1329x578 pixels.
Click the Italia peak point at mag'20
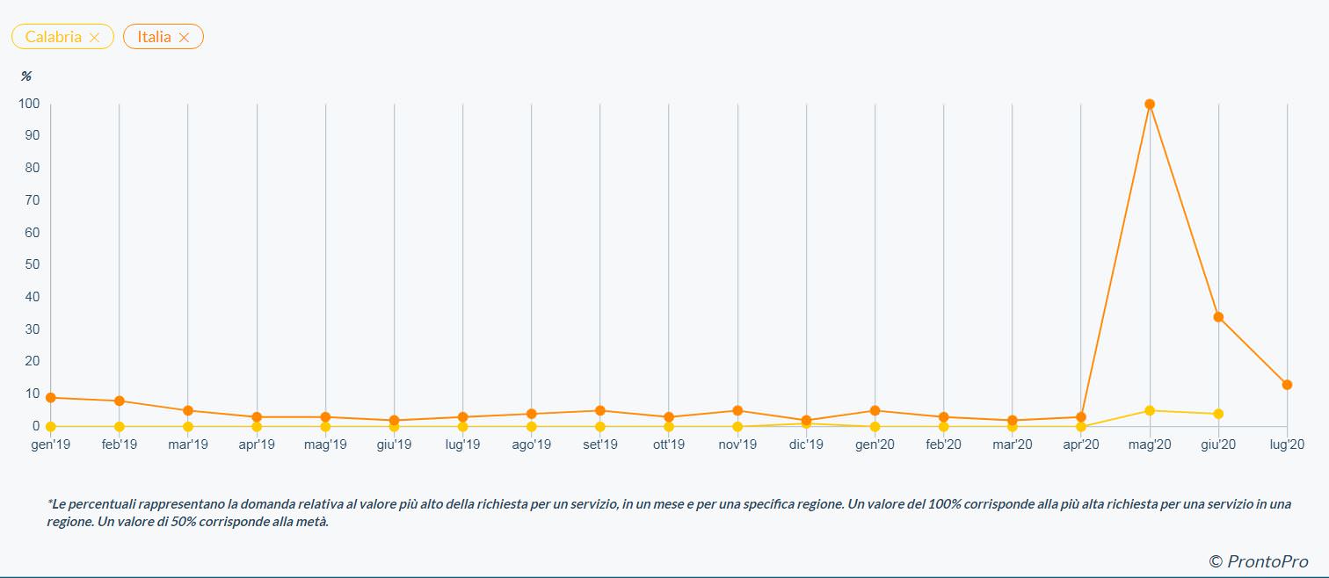coord(1150,105)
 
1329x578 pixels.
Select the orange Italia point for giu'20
coord(1218,317)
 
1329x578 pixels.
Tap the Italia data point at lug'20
coord(1287,385)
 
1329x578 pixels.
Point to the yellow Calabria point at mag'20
coord(1150,410)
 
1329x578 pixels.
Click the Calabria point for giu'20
coord(1218,414)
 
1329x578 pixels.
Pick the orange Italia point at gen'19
coord(51,398)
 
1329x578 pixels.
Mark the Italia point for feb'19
coord(120,401)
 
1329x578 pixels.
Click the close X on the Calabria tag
coord(95,37)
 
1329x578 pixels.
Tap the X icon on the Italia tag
coord(184,37)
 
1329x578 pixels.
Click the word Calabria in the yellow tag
coord(53,37)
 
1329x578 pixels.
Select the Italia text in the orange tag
coord(154,37)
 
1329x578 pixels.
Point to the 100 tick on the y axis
coord(29,104)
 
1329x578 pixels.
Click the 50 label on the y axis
coord(32,264)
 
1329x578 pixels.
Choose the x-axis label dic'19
coord(806,444)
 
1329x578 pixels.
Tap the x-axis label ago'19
coord(531,444)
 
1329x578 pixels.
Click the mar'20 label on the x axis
coord(1012,444)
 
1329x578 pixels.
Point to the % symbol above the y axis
coord(26,76)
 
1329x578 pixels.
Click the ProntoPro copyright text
coord(1259,561)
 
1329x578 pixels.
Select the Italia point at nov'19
coord(737,410)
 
